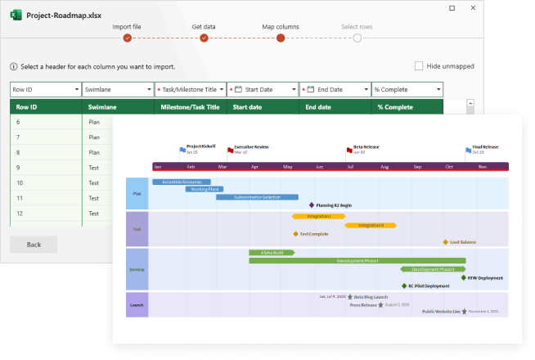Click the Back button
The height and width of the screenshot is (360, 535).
pos(34,245)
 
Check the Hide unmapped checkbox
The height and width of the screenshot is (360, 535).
pos(419,66)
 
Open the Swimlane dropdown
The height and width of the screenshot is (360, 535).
pos(117,89)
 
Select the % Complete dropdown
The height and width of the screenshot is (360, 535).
pos(407,89)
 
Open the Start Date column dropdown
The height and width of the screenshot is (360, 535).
pos(262,89)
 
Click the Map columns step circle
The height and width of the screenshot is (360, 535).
pos(281,37)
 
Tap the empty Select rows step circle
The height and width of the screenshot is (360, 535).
pos(357,37)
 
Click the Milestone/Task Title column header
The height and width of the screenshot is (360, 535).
pos(190,106)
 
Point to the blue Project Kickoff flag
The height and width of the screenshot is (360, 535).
pos(182,150)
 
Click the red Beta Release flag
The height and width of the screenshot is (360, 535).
pos(349,151)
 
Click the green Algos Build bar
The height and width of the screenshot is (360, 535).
pos(271,253)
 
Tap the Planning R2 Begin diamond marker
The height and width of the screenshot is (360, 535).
pos(312,205)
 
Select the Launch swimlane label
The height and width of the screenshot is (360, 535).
pos(137,304)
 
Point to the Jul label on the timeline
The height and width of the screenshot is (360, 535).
pos(350,166)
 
